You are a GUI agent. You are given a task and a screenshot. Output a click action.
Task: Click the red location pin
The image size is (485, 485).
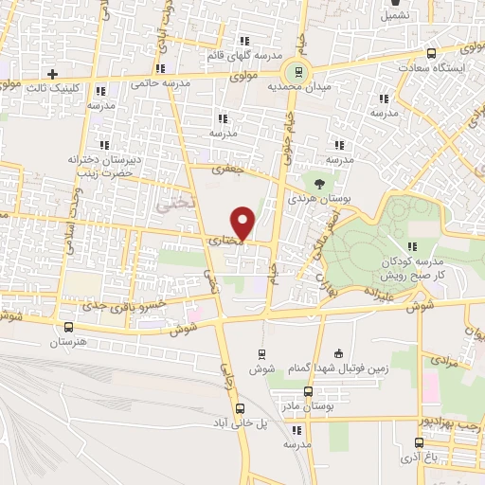(x=244, y=223)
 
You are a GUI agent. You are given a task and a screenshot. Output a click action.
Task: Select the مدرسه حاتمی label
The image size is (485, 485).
(x=166, y=83)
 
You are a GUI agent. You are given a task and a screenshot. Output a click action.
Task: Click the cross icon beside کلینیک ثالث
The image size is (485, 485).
(x=53, y=73)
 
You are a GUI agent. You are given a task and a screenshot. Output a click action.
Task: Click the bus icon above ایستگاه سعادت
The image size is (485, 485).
(x=432, y=53)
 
